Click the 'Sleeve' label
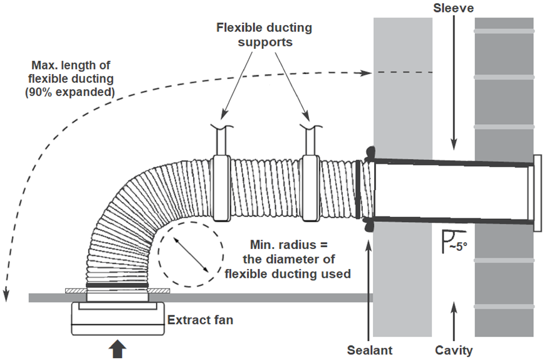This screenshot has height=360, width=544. [x=453, y=9]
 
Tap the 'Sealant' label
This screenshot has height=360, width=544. [x=370, y=349]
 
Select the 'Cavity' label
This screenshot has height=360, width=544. [x=454, y=349]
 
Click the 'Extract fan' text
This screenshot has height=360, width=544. [x=200, y=320]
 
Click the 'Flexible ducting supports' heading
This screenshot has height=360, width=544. [x=264, y=36]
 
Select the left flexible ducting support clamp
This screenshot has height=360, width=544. [x=221, y=188]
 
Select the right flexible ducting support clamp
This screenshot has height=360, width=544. [x=311, y=188]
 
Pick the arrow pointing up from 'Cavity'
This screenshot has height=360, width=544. [x=454, y=320]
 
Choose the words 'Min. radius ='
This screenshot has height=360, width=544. [x=281, y=243]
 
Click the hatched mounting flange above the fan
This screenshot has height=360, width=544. [x=117, y=291]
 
